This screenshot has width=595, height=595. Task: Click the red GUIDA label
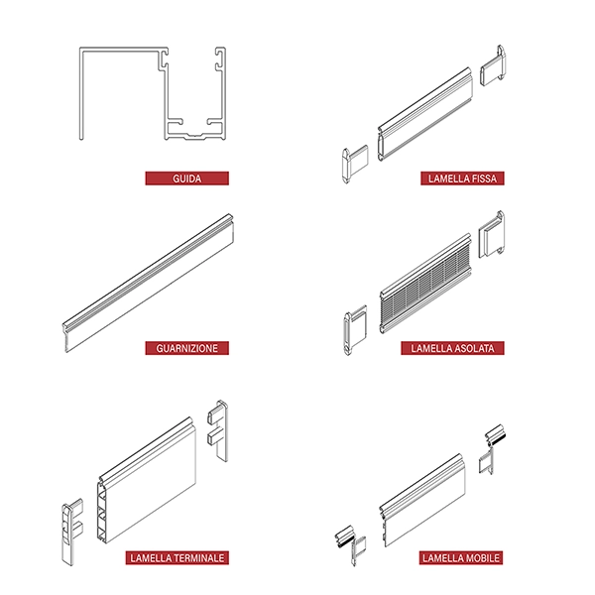186,178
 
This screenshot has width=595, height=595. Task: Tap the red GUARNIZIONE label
186,348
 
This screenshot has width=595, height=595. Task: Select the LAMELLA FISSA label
462,178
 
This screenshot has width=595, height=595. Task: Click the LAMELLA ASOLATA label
452,348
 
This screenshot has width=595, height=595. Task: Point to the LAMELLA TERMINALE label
178,557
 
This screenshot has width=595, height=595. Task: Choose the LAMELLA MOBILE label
461,557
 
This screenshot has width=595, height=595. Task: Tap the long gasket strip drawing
148,283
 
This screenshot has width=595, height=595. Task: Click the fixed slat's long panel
425,114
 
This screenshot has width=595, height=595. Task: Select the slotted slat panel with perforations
425,284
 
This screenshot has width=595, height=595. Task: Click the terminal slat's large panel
147,480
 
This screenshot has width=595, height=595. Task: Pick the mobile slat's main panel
422,500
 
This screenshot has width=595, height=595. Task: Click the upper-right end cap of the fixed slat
493,65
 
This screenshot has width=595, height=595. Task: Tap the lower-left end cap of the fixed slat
355,164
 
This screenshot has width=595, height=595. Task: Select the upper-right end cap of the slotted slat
492,234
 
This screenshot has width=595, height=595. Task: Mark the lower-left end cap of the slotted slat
355,329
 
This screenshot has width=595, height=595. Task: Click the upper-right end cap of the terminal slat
218,430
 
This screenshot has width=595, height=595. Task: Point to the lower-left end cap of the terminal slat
72,532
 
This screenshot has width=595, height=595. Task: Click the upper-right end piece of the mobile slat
492,449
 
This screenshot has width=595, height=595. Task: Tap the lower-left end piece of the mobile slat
351,544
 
